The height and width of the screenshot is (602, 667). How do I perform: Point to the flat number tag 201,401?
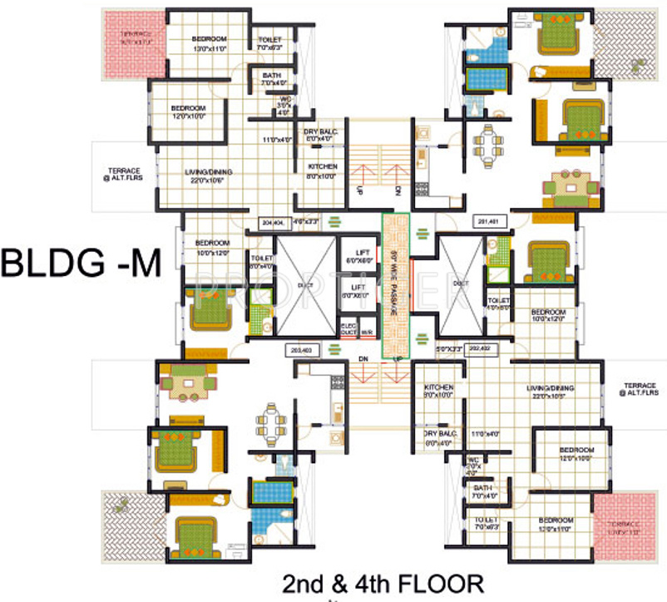point(487,221)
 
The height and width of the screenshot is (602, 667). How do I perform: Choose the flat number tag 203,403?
point(299,350)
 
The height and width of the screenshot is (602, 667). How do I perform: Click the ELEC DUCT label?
point(348,328)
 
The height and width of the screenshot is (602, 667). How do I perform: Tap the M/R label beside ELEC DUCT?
point(367,332)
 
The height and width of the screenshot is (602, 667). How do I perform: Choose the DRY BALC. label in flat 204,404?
point(321,136)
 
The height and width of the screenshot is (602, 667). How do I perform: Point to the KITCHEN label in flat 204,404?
point(321,171)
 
